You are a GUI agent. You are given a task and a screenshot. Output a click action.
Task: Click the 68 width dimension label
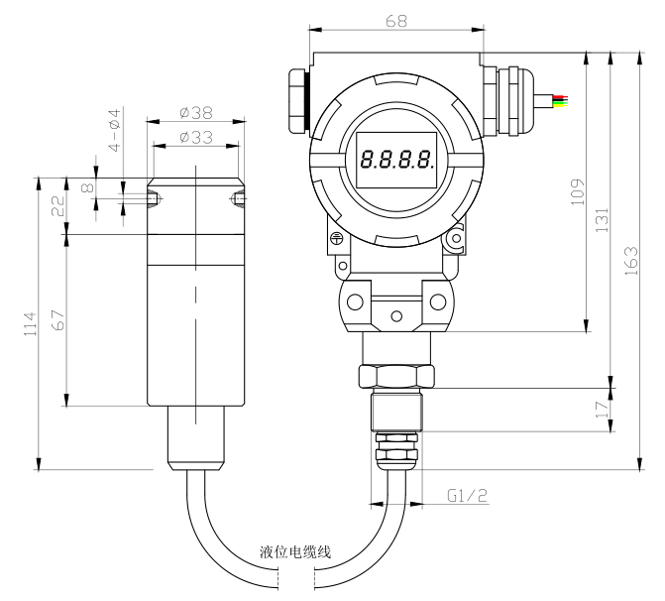click(396, 21)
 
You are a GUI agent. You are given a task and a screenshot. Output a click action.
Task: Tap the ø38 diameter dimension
click(196, 113)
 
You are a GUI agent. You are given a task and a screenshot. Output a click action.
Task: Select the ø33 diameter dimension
click(196, 137)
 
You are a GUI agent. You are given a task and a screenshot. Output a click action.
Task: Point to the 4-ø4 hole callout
click(115, 130)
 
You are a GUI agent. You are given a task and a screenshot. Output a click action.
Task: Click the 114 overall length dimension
click(30, 324)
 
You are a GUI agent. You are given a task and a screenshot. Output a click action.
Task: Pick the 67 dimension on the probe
click(57, 320)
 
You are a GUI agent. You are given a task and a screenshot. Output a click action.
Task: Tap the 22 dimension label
click(58, 206)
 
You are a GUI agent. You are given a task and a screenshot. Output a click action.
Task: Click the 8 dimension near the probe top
click(88, 187)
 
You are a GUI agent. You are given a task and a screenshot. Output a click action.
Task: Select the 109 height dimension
click(577, 192)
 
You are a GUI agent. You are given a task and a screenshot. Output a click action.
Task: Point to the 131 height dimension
click(602, 220)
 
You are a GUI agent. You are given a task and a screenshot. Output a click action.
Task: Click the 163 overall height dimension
click(631, 261)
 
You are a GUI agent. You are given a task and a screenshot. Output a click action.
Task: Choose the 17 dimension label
click(602, 410)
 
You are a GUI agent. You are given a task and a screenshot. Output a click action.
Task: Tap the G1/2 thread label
click(468, 495)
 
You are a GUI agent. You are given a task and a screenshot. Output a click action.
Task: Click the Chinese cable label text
click(295, 552)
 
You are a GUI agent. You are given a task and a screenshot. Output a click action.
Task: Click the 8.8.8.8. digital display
click(396, 160)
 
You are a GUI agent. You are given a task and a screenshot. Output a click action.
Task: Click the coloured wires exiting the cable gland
click(560, 100)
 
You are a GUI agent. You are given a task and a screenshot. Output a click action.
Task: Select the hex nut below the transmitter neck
click(396, 376)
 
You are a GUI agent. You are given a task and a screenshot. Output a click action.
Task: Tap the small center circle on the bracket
click(396, 316)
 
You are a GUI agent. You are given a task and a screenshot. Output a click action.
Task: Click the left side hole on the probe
click(153, 199)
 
